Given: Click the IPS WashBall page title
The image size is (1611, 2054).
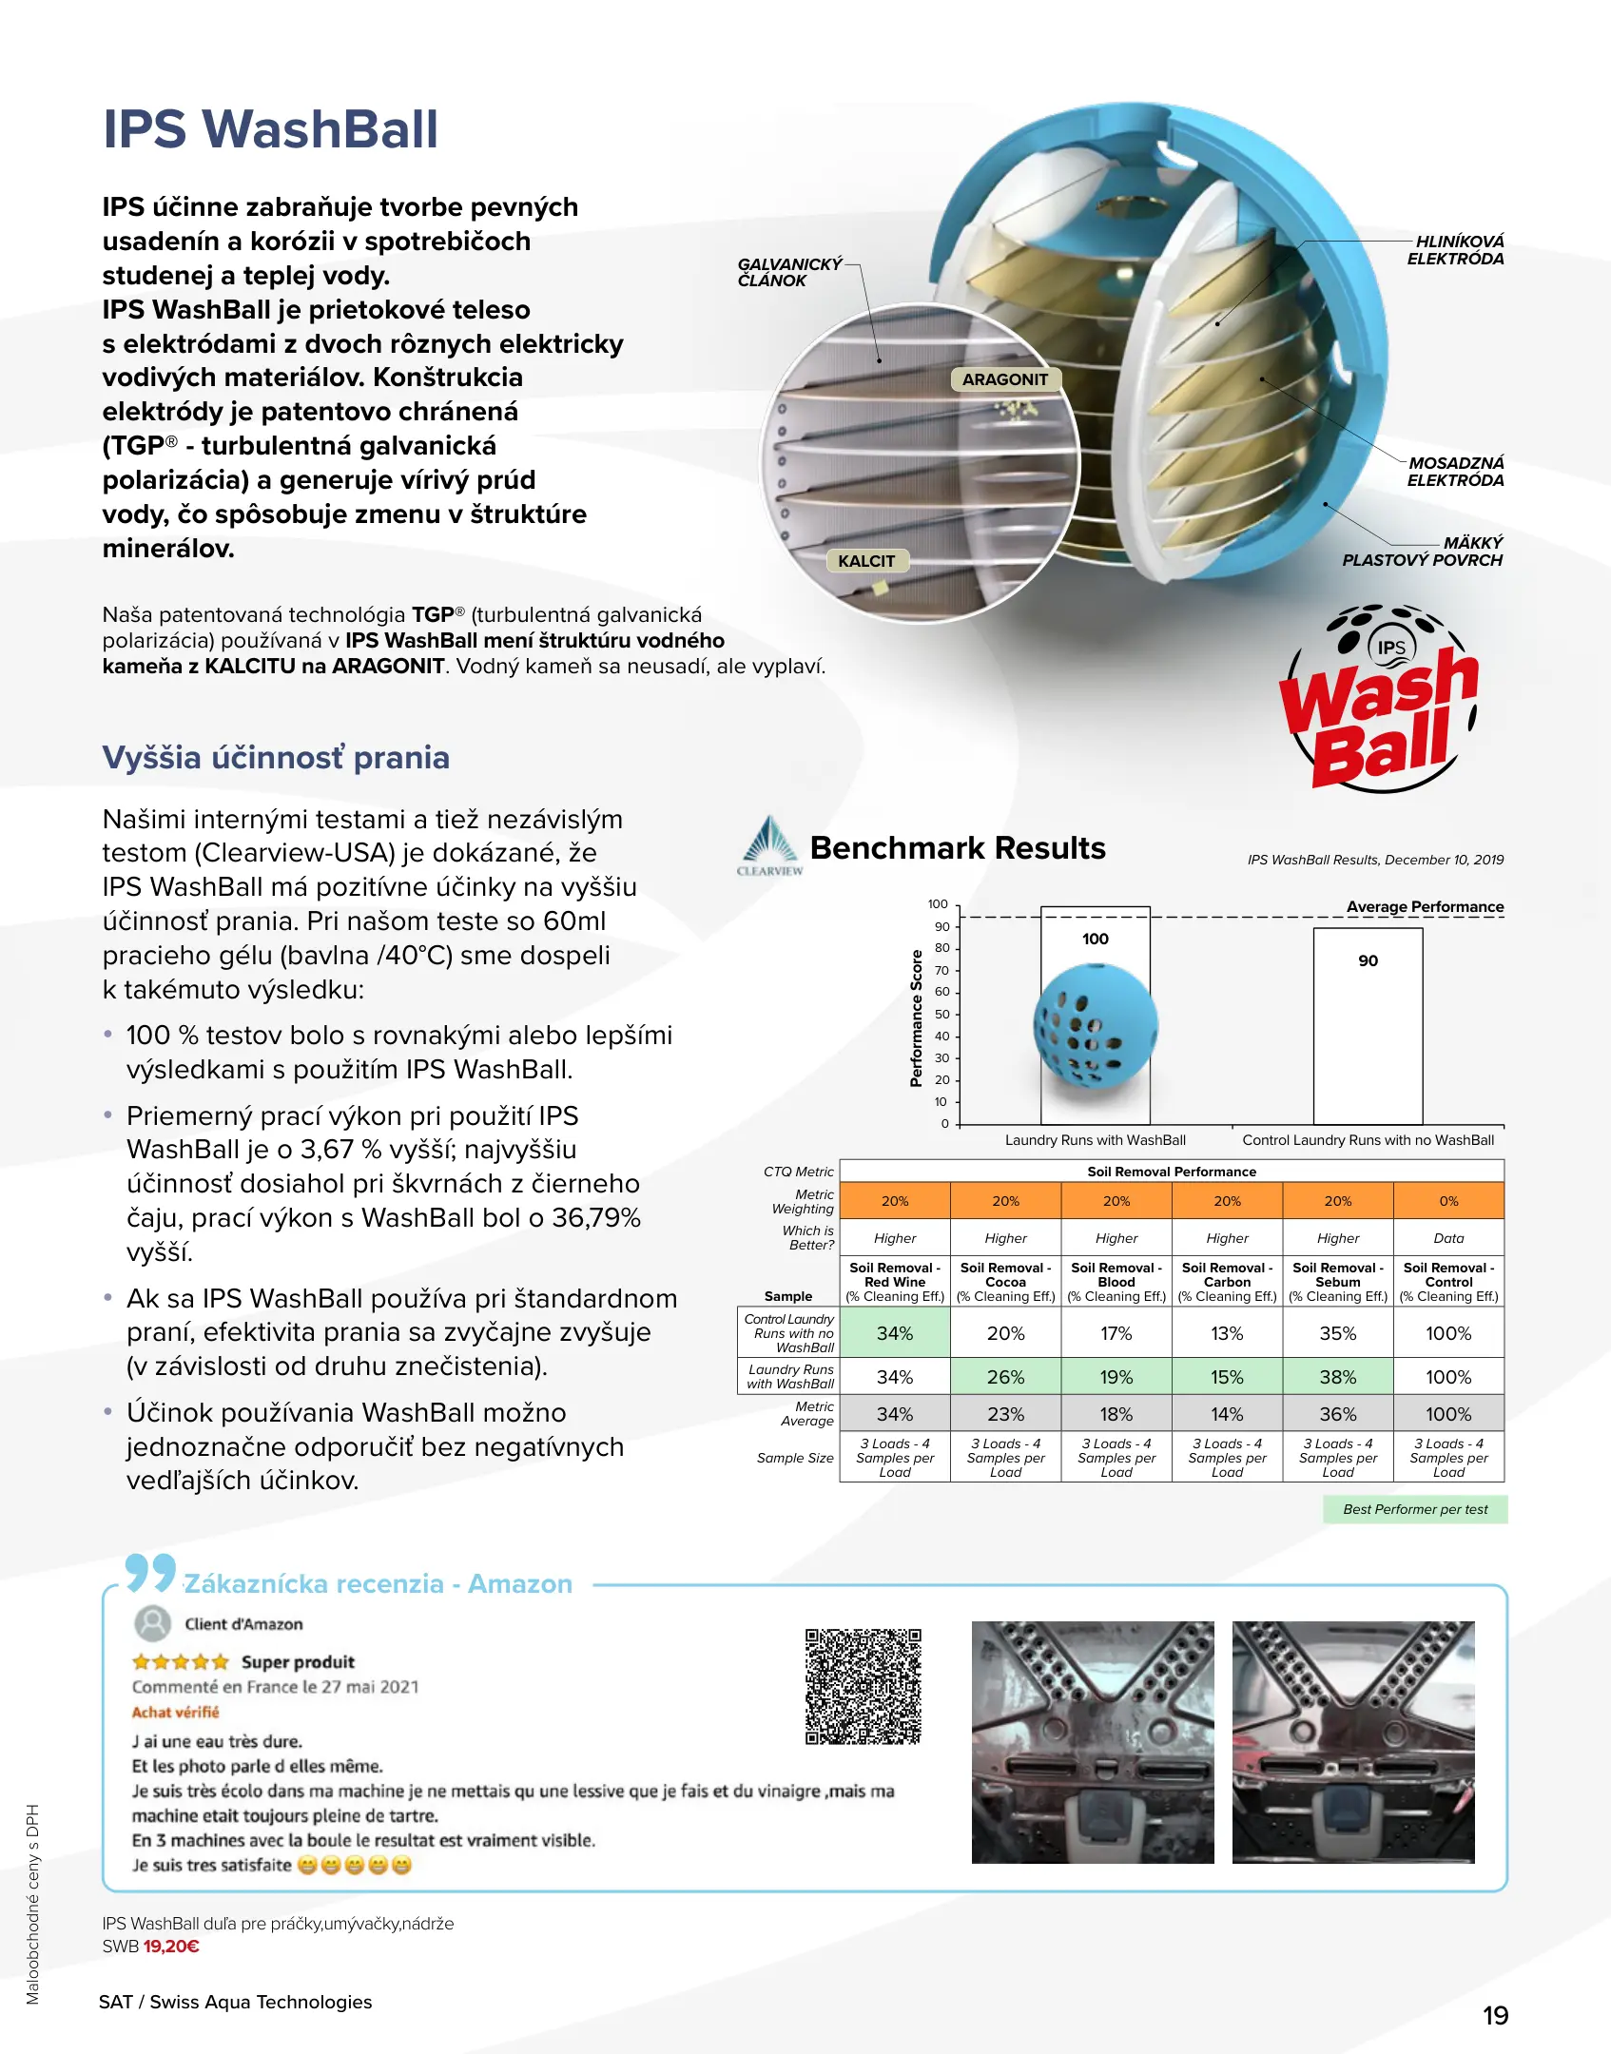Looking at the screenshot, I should [x=271, y=129].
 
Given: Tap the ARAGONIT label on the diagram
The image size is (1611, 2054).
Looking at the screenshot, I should [x=1004, y=379].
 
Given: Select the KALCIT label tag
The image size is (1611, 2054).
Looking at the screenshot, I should [x=866, y=561].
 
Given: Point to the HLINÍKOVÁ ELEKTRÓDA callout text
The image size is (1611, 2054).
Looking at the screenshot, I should [x=1455, y=250].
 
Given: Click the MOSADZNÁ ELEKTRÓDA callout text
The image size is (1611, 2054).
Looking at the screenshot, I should [x=1455, y=472].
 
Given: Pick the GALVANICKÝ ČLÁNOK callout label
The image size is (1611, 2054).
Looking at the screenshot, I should [x=789, y=272].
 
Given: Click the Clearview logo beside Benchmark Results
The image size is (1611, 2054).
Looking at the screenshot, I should [x=769, y=845].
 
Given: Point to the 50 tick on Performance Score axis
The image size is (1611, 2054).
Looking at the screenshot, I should [x=941, y=1014].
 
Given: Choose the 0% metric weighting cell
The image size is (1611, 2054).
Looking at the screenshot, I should [x=1448, y=1201].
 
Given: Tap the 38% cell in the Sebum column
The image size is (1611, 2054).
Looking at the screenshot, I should [x=1337, y=1377].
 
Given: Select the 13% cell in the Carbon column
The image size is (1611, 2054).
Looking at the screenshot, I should [x=1227, y=1333].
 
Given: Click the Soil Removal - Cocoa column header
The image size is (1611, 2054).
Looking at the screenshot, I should [x=1005, y=1282].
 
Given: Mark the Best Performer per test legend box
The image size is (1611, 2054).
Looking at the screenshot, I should [x=1415, y=1509].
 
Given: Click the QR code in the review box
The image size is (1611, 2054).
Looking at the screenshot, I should [x=864, y=1686].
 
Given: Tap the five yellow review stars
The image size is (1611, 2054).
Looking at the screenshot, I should [x=181, y=1662].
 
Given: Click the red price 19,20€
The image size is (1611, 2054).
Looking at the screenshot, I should [x=171, y=1947].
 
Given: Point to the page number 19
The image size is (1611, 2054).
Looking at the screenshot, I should [x=1495, y=2016].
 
